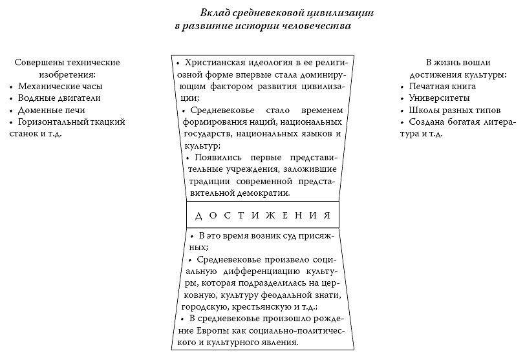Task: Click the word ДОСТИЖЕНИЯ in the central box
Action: pyautogui.click(x=263, y=215)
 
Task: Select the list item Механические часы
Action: pyautogui.click(x=60, y=86)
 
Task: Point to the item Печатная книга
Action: pyautogui.click(x=442, y=86)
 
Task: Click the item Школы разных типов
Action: pyautogui.click(x=451, y=110)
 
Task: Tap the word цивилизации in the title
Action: pyautogui.click(x=346, y=14)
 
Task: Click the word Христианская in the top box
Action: pyautogui.click(x=213, y=63)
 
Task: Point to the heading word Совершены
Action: pyautogui.click(x=41, y=62)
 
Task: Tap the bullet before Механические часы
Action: pyautogui.click(x=11, y=87)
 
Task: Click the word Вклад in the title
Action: pyautogui.click(x=216, y=14)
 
